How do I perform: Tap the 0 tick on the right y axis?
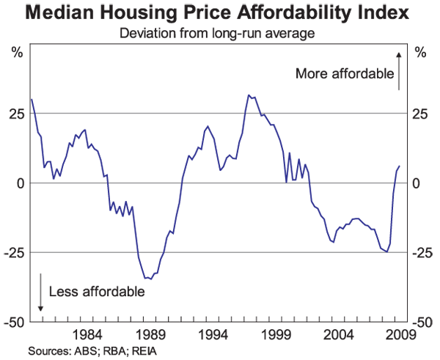(417, 183)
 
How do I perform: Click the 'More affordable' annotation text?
(343, 73)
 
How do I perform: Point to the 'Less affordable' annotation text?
(97, 291)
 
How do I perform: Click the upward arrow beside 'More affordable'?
(398, 70)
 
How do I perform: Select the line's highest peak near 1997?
(249, 95)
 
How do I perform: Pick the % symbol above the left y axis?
(17, 52)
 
